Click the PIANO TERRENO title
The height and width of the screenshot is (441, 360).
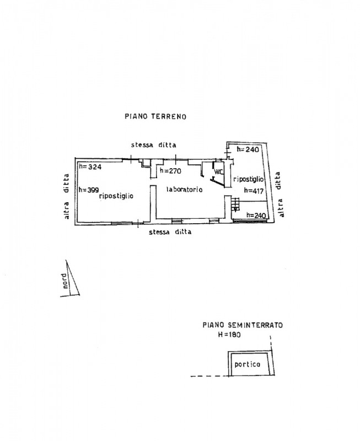click(155, 116)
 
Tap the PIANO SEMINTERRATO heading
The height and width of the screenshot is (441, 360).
click(243, 325)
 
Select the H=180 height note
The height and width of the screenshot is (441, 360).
click(229, 335)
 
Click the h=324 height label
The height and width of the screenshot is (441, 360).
click(90, 167)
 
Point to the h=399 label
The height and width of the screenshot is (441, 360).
click(89, 190)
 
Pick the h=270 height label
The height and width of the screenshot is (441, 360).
click(170, 170)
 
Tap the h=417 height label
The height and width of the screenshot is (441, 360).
click(254, 191)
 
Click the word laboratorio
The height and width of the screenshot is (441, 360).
click(185, 189)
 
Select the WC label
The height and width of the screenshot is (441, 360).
click(218, 171)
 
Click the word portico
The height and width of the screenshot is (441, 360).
click(248, 364)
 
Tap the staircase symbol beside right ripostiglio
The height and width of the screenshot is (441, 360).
click(235, 204)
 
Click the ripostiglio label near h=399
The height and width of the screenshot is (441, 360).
click(116, 196)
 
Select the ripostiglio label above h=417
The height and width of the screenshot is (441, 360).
click(249, 179)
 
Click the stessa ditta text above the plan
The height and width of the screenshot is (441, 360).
click(154, 145)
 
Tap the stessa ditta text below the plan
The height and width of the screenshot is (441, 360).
click(170, 232)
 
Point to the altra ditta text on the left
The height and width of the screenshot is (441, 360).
click(66, 196)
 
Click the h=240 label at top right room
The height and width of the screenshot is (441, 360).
click(248, 149)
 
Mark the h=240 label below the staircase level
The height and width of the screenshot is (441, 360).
click(256, 216)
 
